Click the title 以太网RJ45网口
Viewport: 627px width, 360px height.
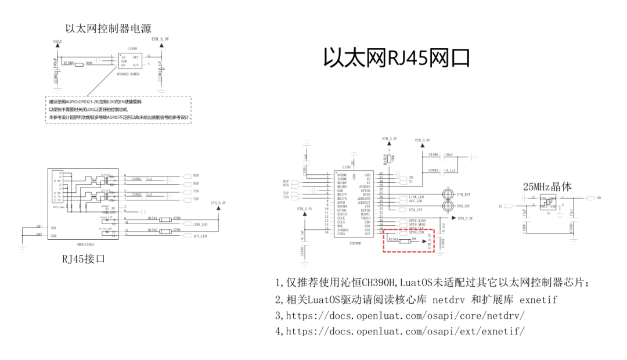coord(396,58)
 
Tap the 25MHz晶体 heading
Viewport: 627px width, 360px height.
coord(547,186)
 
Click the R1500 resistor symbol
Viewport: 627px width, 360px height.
coord(79,63)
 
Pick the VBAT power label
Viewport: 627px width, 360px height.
coord(57,42)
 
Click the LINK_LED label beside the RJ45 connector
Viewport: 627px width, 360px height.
coord(200,224)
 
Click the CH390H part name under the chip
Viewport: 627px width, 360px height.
coord(355,244)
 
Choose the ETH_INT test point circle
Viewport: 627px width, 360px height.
coord(448,206)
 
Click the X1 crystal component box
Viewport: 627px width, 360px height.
coord(547,203)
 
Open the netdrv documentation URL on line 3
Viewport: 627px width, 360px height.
coord(405,316)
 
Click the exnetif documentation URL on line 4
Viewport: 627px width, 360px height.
coord(405,332)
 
